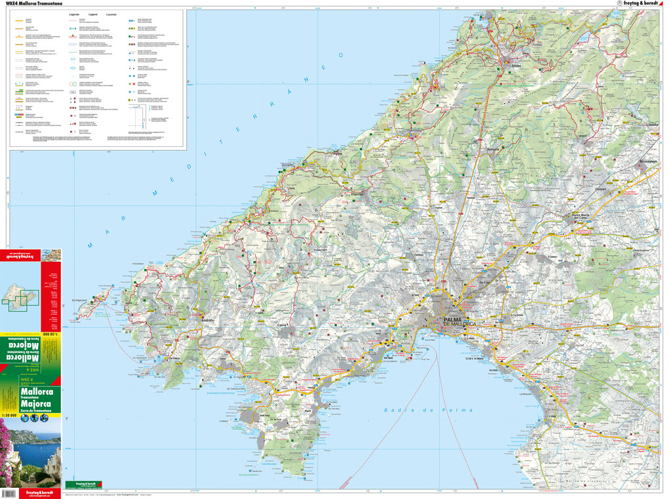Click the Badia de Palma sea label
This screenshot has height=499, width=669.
427,410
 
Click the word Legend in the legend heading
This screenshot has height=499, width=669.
92,14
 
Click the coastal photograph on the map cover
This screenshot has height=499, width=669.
30,452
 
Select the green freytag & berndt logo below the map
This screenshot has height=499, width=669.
84,485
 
